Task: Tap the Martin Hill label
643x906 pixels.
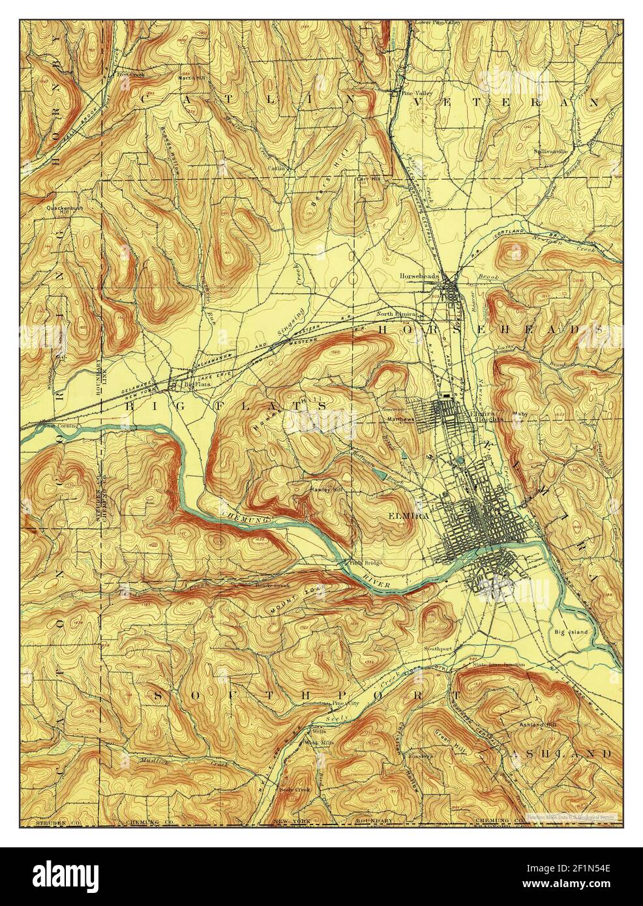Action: [192, 76]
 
